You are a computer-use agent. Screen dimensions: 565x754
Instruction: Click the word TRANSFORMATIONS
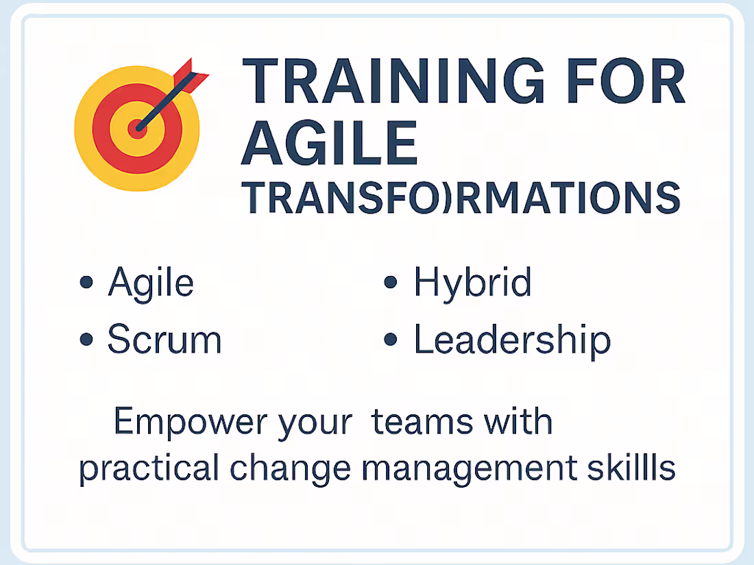coord(461,199)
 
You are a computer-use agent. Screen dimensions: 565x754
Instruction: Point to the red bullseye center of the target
coord(138,127)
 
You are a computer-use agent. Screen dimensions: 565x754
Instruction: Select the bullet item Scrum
coord(165,340)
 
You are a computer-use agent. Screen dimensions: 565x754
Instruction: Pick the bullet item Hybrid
coord(472,283)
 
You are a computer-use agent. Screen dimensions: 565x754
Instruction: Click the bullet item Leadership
coord(511,340)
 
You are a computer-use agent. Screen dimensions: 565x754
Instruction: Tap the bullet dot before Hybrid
coord(391,282)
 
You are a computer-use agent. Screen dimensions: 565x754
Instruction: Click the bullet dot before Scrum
coord(86,340)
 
